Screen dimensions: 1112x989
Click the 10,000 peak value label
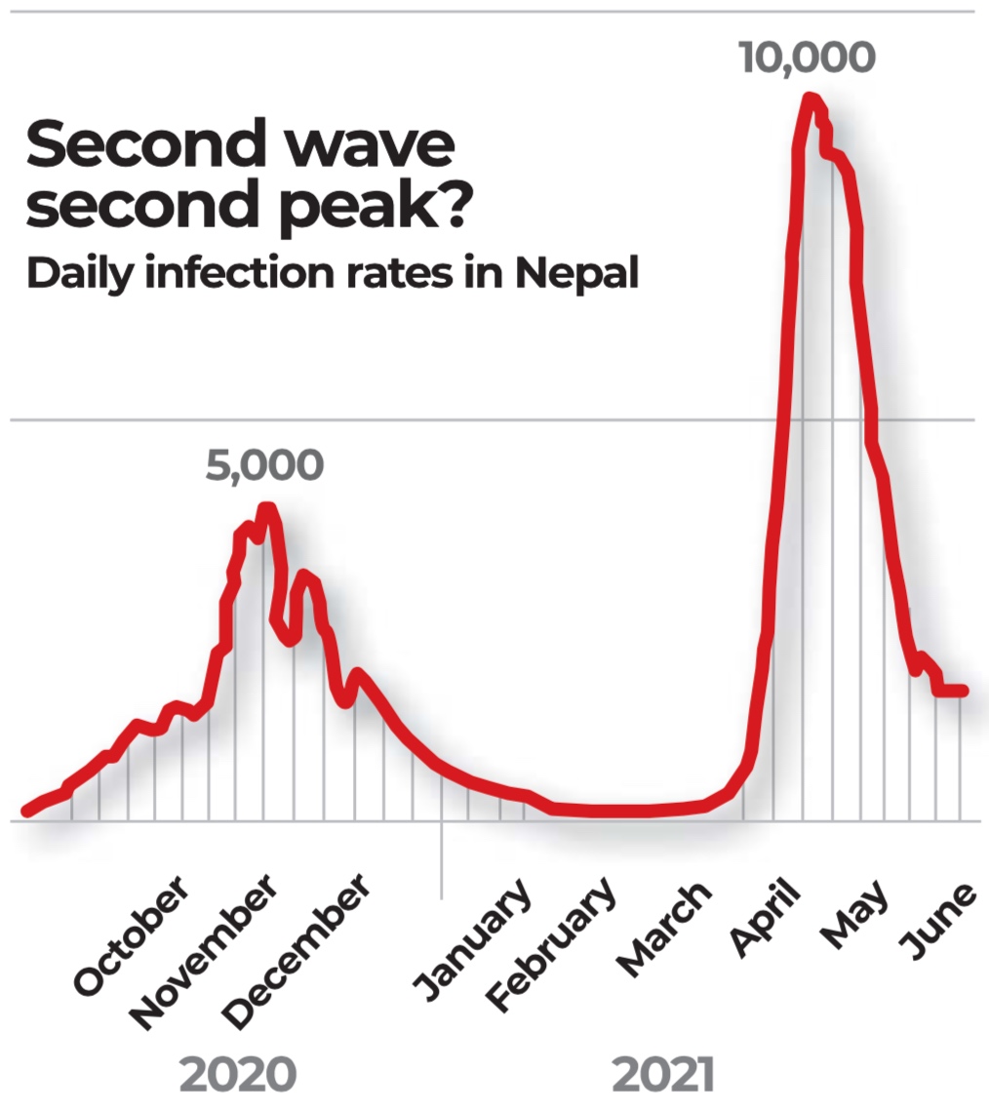tap(807, 57)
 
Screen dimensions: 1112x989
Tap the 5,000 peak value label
tap(263, 466)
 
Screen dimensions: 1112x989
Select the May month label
tap(854, 914)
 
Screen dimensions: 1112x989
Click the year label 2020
tap(238, 1074)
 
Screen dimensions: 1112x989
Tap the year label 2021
tap(663, 1074)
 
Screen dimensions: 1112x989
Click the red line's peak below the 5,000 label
tap(265, 507)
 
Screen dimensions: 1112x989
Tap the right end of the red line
tap(963, 691)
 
